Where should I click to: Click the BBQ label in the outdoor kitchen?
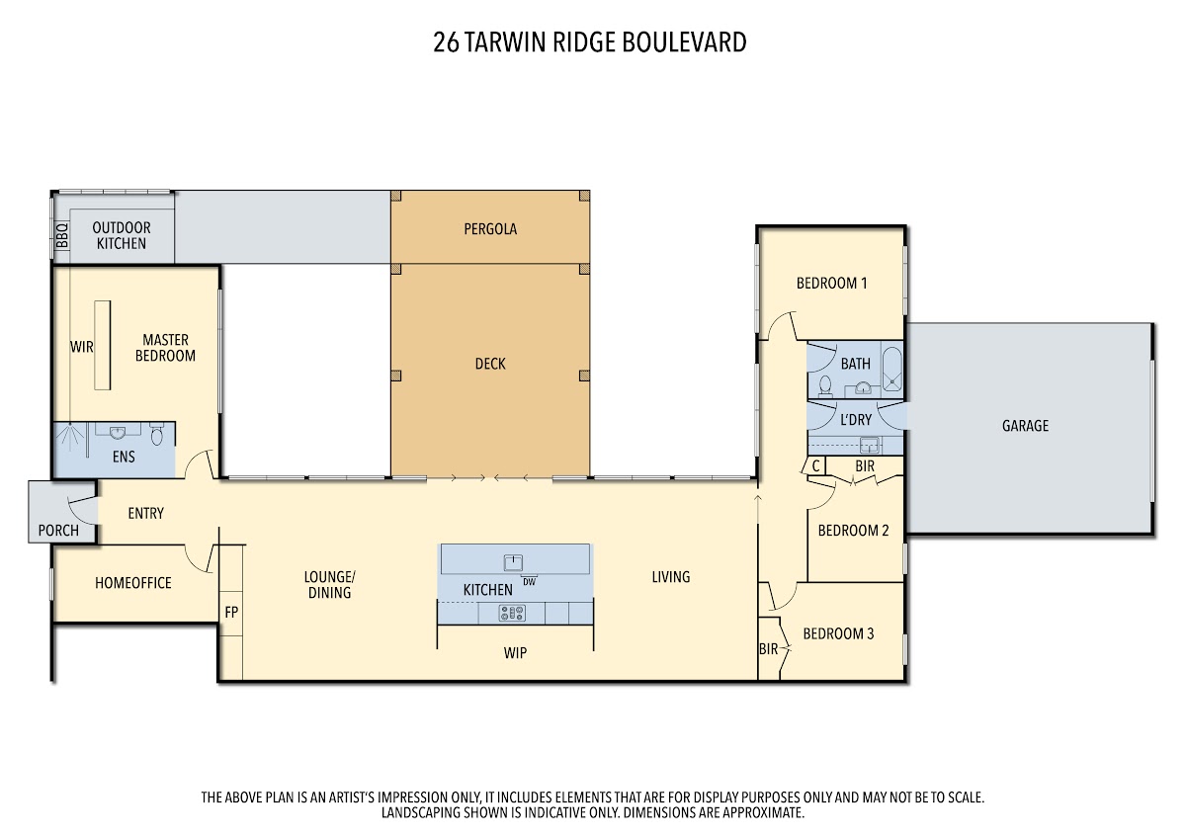[x=62, y=236]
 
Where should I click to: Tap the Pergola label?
[x=490, y=229]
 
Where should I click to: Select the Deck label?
[x=490, y=364]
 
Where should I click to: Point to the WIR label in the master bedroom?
[x=81, y=347]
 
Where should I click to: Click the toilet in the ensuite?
[x=157, y=434]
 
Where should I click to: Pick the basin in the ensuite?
[x=117, y=433]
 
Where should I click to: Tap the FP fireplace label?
[x=231, y=613]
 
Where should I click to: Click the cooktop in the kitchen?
[x=512, y=613]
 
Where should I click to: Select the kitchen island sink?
[x=513, y=562]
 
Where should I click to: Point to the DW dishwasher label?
[x=529, y=582]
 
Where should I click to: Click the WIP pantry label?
[x=515, y=653]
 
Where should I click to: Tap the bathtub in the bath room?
[x=891, y=370]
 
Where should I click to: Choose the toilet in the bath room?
[x=825, y=386]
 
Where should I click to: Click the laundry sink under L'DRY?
[x=869, y=446]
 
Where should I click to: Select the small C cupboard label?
[x=816, y=466]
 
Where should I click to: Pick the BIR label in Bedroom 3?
[x=768, y=649]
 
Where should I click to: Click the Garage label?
[x=1025, y=426]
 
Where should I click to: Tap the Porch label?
[x=58, y=531]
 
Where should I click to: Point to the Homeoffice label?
[x=132, y=583]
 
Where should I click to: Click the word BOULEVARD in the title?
[x=684, y=42]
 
